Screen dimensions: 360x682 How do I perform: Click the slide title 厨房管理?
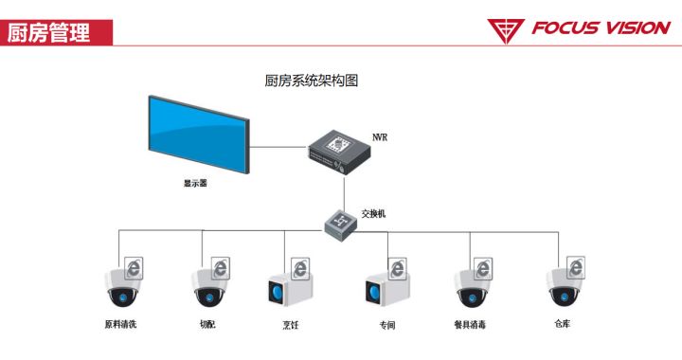pyautogui.click(x=48, y=32)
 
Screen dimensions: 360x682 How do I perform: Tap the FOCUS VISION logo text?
pyautogui.click(x=601, y=28)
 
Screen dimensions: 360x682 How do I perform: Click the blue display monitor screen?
pyautogui.click(x=197, y=134)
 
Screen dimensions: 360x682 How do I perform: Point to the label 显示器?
pyautogui.click(x=194, y=184)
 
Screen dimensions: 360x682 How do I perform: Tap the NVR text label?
pyautogui.click(x=379, y=137)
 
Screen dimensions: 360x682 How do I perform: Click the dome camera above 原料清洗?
pyautogui.click(x=121, y=288)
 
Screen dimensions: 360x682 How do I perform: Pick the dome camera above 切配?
pyautogui.click(x=208, y=288)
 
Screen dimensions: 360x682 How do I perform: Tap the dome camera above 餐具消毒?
pyautogui.click(x=470, y=288)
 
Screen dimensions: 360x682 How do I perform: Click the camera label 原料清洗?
pyautogui.click(x=120, y=324)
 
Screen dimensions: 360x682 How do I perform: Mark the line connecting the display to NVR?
pyautogui.click(x=278, y=147)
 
